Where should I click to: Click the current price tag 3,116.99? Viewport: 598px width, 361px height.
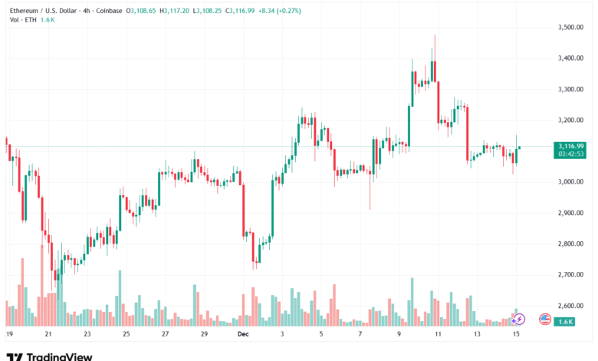(x=571, y=146)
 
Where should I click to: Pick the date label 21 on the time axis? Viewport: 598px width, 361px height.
(x=48, y=334)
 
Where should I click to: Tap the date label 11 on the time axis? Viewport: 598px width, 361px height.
(x=438, y=334)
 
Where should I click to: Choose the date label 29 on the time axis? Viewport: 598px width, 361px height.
(x=204, y=334)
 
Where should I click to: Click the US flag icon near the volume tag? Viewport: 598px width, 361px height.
(x=545, y=319)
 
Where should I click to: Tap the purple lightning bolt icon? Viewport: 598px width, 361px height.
(x=519, y=319)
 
